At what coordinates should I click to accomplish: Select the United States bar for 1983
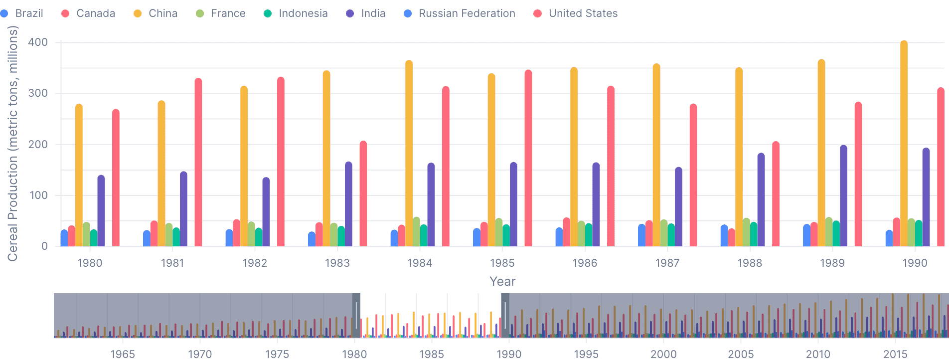coord(363,194)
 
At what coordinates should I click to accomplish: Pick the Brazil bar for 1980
coord(64,238)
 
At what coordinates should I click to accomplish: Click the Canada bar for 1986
coord(566,232)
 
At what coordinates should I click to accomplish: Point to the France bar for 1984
coord(416,232)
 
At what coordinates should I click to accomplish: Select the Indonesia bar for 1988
coord(754,234)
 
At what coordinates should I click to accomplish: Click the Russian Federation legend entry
coord(459,13)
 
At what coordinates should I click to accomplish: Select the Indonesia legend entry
coord(296,13)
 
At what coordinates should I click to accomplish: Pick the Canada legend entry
coord(88,13)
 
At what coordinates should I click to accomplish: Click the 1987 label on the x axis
coord(667,263)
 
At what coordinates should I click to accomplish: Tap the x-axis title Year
coord(502,281)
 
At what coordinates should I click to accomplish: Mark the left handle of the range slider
coord(356,316)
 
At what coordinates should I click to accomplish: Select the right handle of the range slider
coord(505,316)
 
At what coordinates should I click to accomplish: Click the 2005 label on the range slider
coord(741,354)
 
